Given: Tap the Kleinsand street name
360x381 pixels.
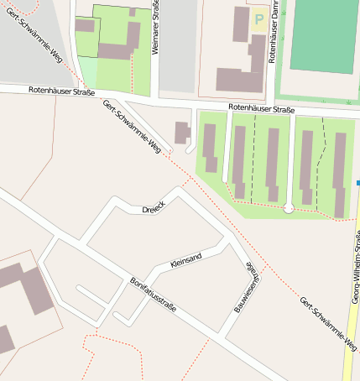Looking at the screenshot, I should [x=185, y=264].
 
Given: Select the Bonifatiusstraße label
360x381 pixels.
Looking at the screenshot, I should [x=153, y=296].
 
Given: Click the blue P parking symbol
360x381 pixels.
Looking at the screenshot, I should [x=258, y=18].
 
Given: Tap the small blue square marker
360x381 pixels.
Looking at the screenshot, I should [x=357, y=182].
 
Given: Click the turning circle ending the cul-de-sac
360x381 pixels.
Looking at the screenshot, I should [x=289, y=207].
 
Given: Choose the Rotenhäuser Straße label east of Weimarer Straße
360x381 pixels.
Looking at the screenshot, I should [x=261, y=109].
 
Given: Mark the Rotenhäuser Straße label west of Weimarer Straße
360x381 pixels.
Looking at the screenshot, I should [x=61, y=90].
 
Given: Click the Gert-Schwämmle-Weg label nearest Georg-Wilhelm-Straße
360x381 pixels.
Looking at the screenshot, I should [x=327, y=323].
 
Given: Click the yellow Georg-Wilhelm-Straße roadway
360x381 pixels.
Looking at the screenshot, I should [x=347, y=336].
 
